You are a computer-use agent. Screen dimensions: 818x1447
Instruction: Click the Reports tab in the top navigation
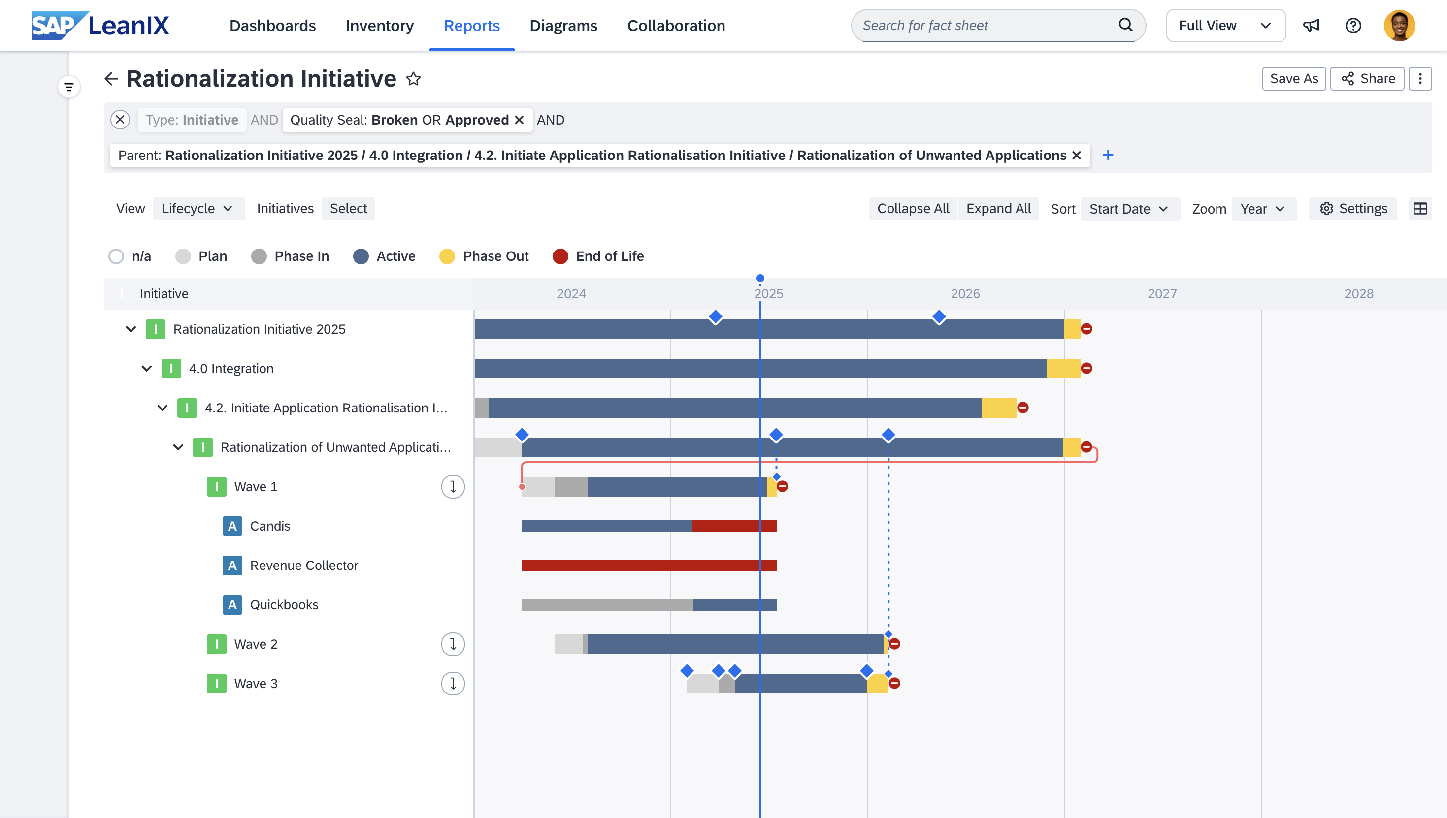(x=471, y=26)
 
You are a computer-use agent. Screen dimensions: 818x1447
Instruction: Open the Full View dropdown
(x=1225, y=26)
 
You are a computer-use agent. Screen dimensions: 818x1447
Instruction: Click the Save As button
(x=1293, y=79)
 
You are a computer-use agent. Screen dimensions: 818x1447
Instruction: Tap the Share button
(x=1367, y=79)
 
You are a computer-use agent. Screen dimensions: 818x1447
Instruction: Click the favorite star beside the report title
(x=414, y=79)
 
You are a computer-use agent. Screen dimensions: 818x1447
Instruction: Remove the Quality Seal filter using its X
(x=520, y=120)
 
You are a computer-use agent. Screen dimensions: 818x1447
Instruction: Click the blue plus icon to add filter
(x=1108, y=155)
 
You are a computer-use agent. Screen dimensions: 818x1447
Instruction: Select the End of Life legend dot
(x=560, y=257)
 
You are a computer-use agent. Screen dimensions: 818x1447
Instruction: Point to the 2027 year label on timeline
(x=1161, y=294)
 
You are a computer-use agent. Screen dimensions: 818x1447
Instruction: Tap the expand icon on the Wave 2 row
(x=453, y=644)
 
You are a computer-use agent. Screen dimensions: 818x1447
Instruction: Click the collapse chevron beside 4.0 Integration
(x=147, y=369)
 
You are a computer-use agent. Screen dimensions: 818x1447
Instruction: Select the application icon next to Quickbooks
(x=232, y=605)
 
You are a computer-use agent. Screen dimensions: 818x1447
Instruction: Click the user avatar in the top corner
(x=1399, y=26)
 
